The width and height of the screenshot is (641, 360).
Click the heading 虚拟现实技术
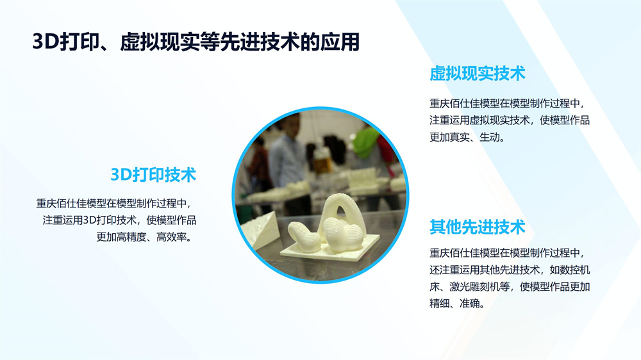pos(477,74)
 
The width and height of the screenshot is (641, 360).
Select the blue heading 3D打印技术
pos(153,174)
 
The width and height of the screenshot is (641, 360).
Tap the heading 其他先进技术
pos(477,227)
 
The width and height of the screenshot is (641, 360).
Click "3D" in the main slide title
pos(46,42)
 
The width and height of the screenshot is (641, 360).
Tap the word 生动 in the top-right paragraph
pos(489,137)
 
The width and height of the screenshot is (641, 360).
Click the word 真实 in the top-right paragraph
pos(460,137)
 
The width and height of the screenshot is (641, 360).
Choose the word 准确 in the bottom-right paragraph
pos(469,304)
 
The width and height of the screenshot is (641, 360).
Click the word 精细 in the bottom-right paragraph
pos(440,304)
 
